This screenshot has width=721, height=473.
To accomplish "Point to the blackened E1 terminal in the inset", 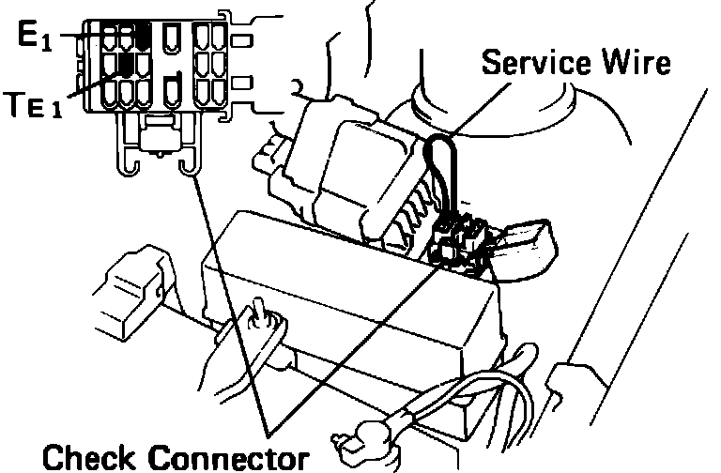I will (144, 36).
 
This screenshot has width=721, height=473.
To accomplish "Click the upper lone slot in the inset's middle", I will (171, 37).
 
